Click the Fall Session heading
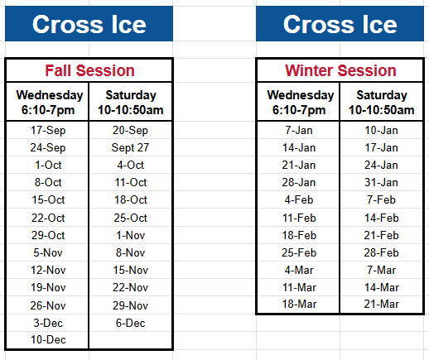[x=89, y=70]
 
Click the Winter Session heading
[x=340, y=70]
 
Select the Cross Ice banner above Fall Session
[x=89, y=24]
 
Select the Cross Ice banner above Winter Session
[x=340, y=24]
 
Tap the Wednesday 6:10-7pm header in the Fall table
[x=48, y=102]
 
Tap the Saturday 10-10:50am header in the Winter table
[x=381, y=102]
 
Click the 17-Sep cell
[x=47, y=130]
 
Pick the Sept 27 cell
[x=130, y=147]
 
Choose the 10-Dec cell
[x=47, y=340]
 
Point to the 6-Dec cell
[x=130, y=323]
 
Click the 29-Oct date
[x=47, y=235]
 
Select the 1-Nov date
[x=130, y=235]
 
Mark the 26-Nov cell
[x=47, y=305]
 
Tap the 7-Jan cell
[x=299, y=130]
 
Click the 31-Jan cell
[x=382, y=182]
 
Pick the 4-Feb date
[x=299, y=199]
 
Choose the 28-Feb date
[x=382, y=252]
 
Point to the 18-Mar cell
[x=299, y=305]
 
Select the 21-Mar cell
[x=382, y=305]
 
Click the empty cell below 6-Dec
[x=130, y=340]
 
